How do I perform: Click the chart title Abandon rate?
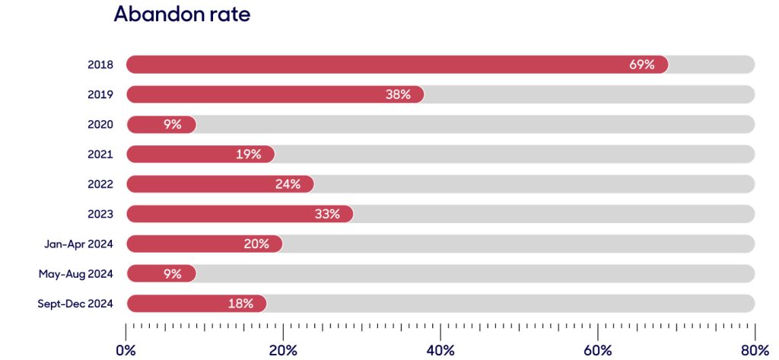pos(182,14)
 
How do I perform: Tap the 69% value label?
pos(641,65)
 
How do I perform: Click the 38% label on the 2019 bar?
pos(398,94)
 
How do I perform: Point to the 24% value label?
pos(288,184)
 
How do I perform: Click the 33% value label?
pos(327,214)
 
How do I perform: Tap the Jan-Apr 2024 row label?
pos(78,244)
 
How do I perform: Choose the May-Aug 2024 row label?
pos(76,274)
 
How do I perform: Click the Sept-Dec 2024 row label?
pos(75,304)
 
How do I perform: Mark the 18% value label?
pos(240,304)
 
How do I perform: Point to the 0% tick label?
pos(126,350)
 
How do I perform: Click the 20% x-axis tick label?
pos(283,350)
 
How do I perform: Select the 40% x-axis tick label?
pos(440,350)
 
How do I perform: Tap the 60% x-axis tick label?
pos(598,350)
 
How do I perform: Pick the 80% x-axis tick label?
pos(754,350)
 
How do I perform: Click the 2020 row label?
pos(100,125)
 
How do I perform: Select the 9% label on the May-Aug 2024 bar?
pos(173,274)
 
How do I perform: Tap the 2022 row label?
pos(100,184)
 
